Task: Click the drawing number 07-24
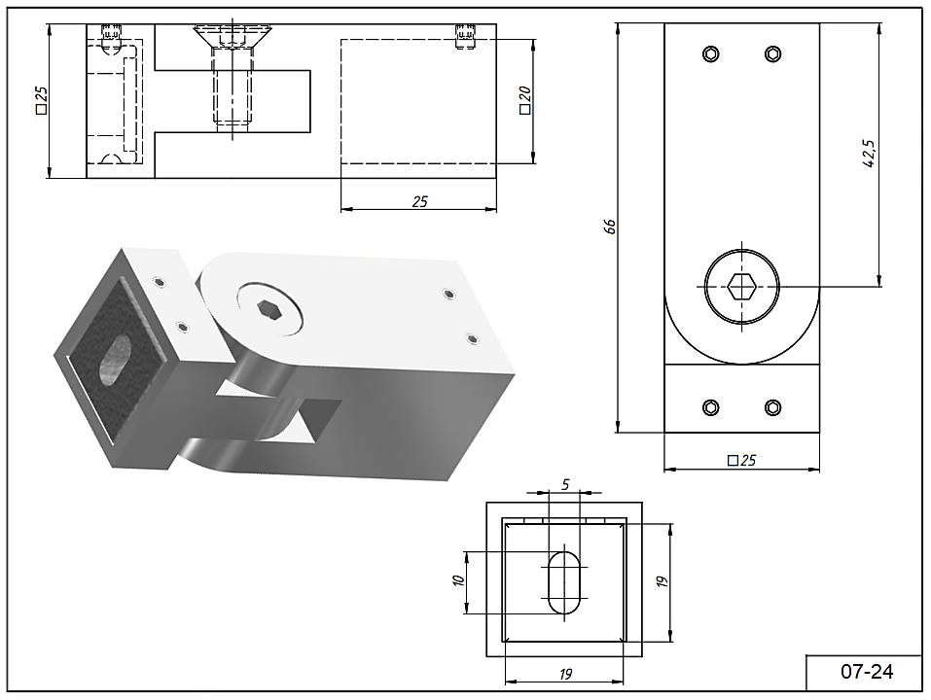tap(866, 671)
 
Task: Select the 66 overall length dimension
tap(610, 226)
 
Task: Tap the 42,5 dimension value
tap(870, 154)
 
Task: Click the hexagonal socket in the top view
tap(742, 286)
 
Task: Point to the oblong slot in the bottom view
tap(565, 581)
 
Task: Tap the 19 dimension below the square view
tap(565, 675)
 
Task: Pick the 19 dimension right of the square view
tap(662, 581)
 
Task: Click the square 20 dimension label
tap(525, 100)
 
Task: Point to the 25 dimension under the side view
tap(419, 202)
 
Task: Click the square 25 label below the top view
tap(742, 460)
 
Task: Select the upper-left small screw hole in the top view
tap(711, 52)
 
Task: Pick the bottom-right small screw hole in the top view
tap(773, 407)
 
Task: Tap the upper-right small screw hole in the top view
tap(773, 52)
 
